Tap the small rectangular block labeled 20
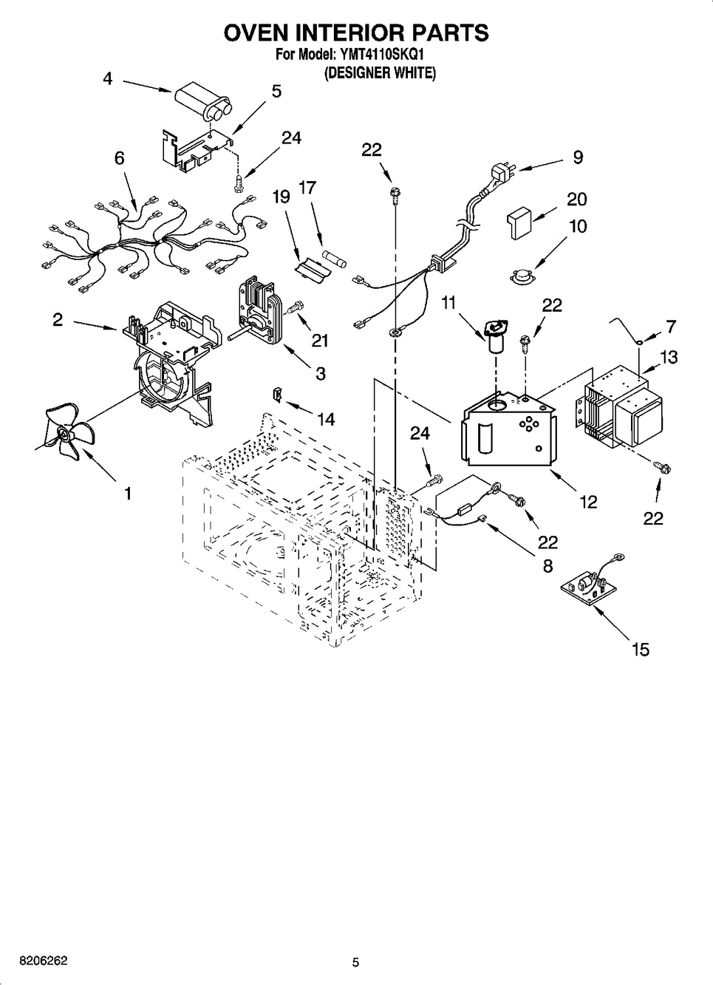[x=519, y=222]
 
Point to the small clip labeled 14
[x=278, y=394]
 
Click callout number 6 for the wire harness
[x=119, y=157]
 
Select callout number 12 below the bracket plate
[x=588, y=501]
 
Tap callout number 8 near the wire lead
[x=547, y=566]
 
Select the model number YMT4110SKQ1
[x=381, y=55]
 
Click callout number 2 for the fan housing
[x=58, y=320]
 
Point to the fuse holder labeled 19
[x=312, y=267]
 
